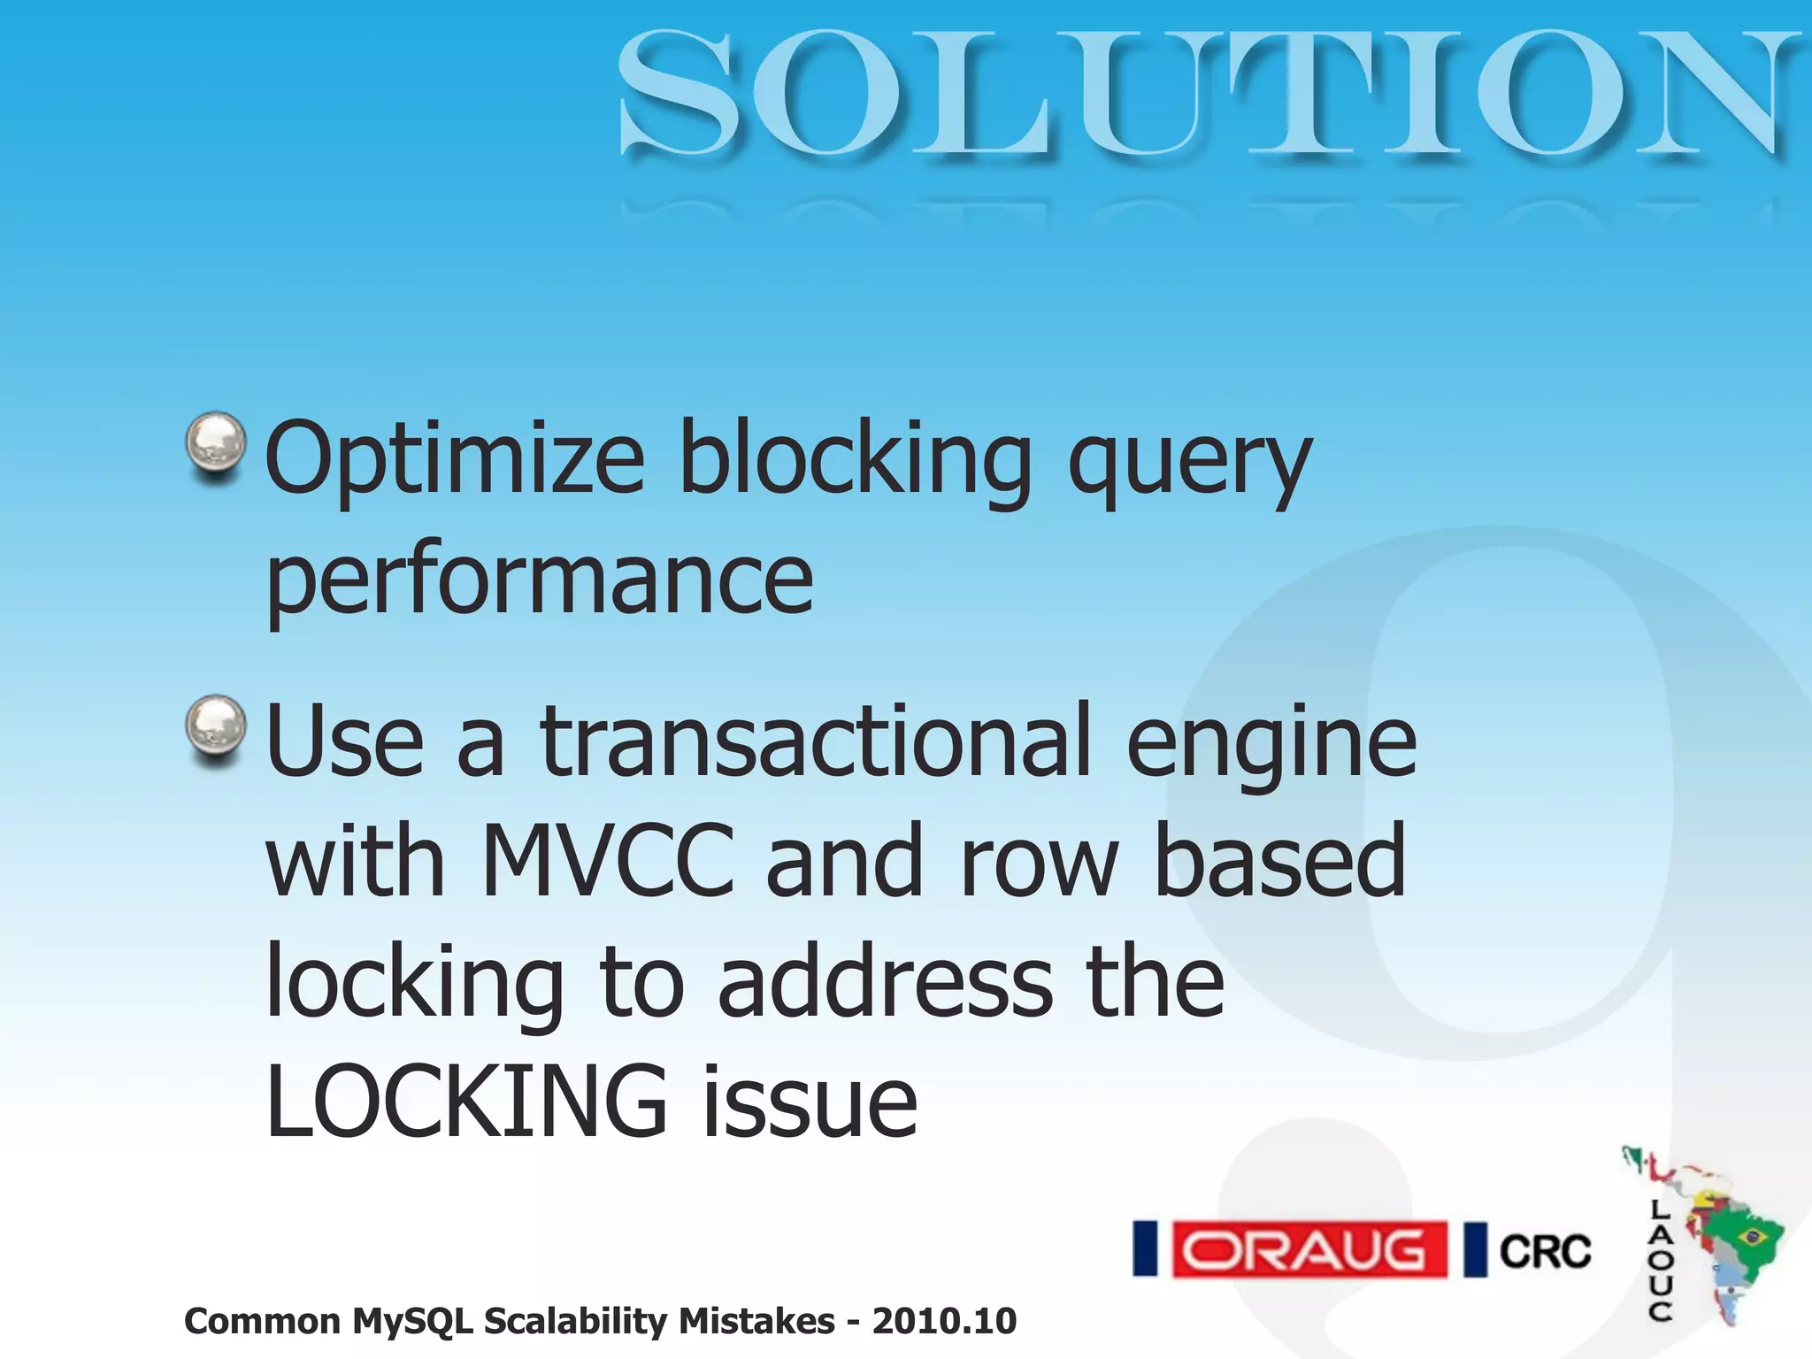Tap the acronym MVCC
[609, 860]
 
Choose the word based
[1279, 860]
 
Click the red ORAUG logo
[1309, 1249]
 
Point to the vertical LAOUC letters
[1660, 1260]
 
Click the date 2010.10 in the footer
[944, 1322]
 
